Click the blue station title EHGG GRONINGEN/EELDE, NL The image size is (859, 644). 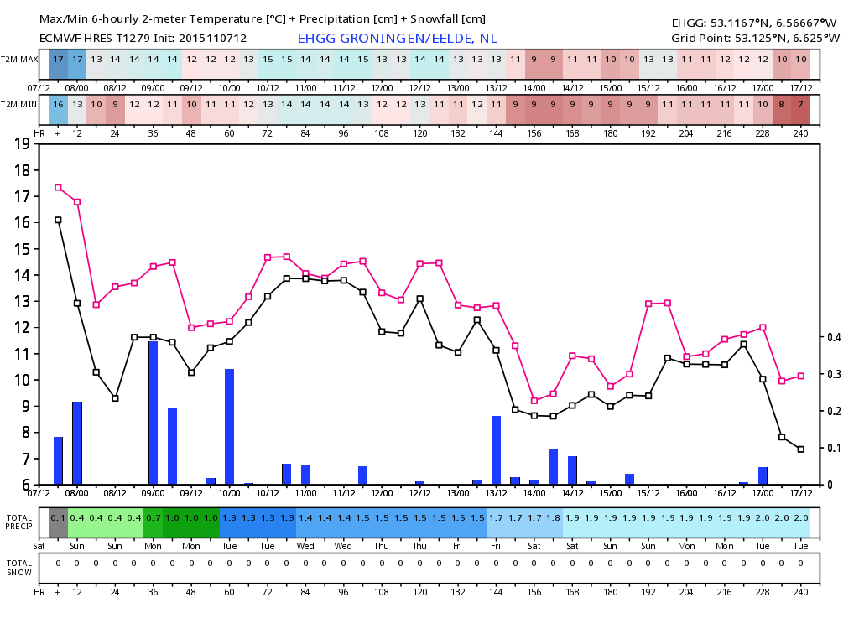(397, 39)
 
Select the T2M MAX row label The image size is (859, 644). (19, 60)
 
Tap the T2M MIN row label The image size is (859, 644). (19, 105)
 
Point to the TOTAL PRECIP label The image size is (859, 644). (19, 522)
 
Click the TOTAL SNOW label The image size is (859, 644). (19, 568)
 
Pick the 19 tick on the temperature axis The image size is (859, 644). (22, 144)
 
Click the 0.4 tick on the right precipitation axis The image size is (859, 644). (834, 337)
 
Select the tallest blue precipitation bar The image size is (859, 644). (154, 413)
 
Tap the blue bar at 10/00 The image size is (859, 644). (230, 427)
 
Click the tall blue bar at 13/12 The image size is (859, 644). (497, 450)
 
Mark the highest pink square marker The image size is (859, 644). (58, 187)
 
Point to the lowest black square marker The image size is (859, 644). (801, 449)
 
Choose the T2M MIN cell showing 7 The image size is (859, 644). (801, 105)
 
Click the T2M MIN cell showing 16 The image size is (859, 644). (58, 105)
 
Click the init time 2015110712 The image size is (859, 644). (212, 39)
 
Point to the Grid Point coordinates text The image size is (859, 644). (756, 39)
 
